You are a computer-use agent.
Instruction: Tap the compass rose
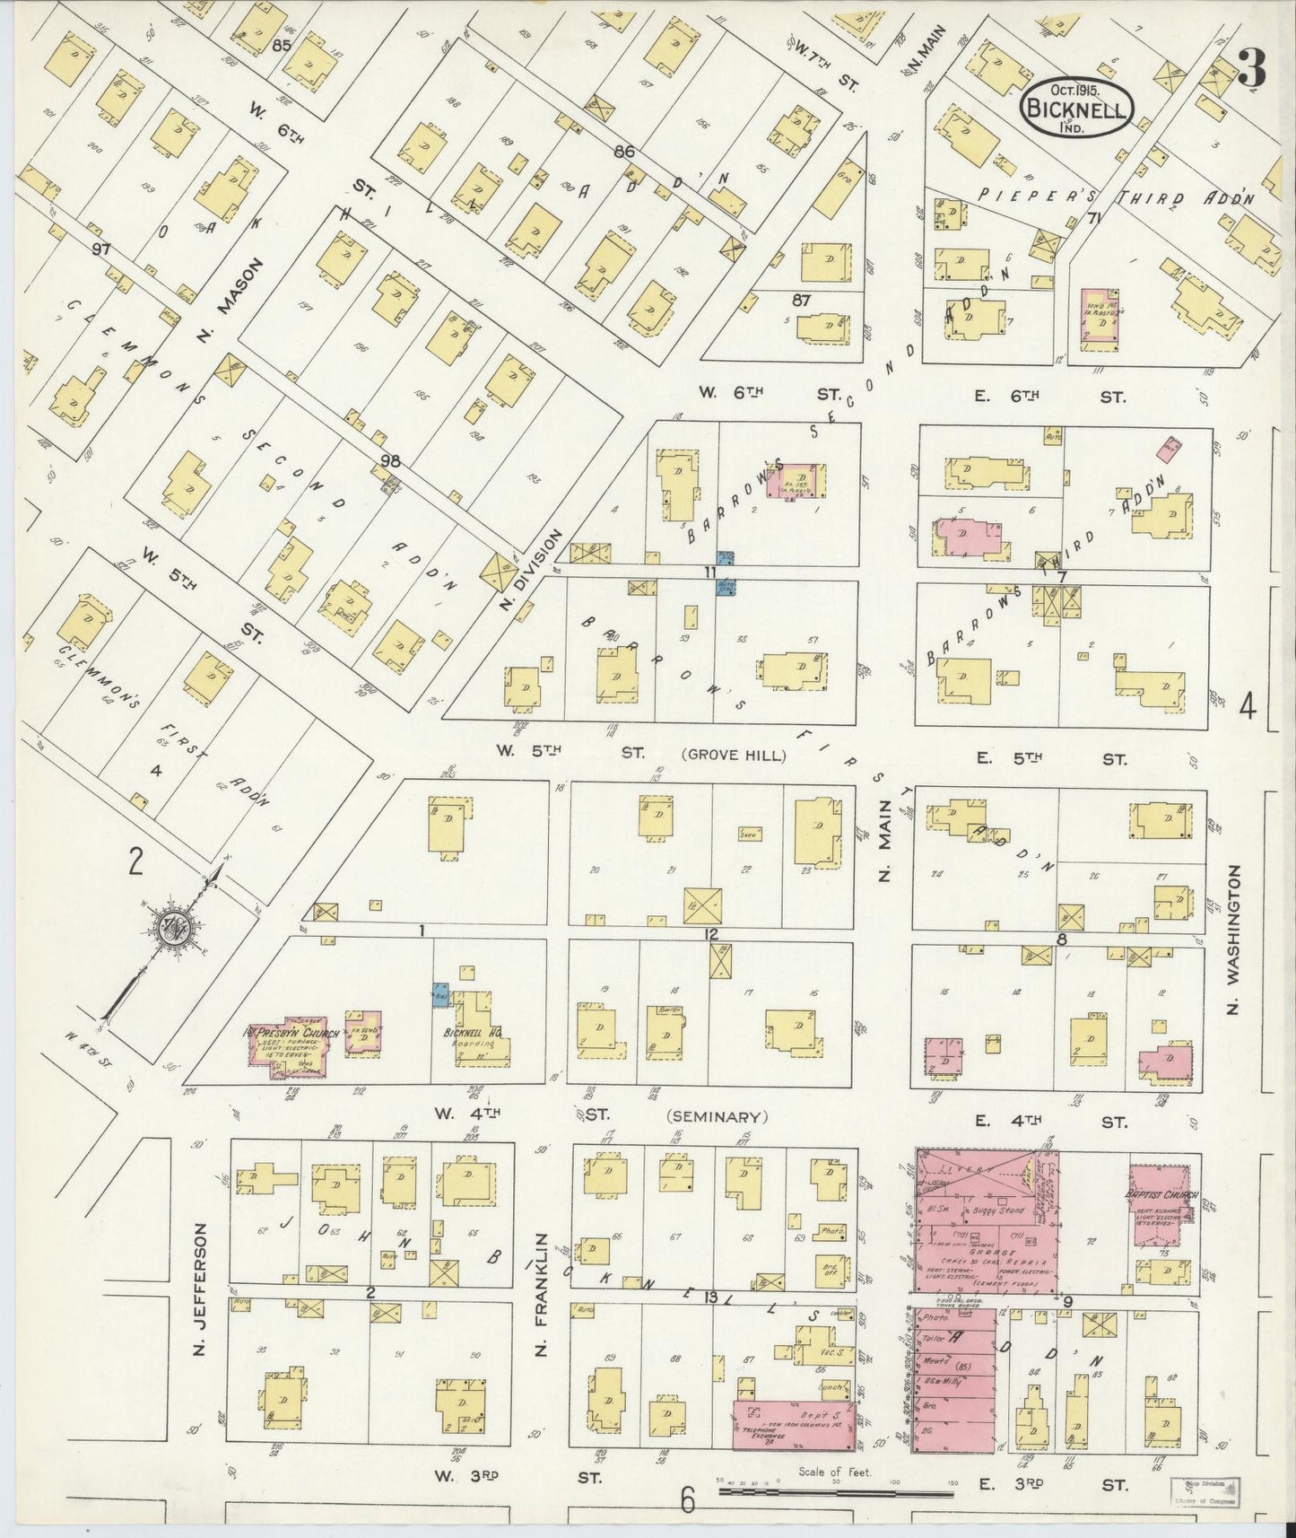(x=170, y=931)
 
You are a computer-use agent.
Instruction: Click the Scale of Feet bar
(x=834, y=1493)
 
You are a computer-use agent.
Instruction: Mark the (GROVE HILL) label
(x=735, y=756)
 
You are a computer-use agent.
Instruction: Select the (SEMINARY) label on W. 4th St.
(x=718, y=1117)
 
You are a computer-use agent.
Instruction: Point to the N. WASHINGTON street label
(x=1233, y=940)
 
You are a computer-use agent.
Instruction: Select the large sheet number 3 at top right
(x=1252, y=67)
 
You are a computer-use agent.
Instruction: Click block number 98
(x=390, y=461)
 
